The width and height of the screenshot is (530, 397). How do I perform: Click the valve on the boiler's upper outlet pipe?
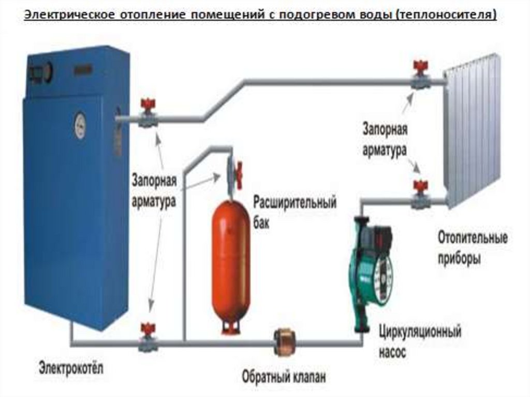click(x=148, y=114)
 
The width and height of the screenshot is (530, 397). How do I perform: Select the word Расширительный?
click(x=295, y=202)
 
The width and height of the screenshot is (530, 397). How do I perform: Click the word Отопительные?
click(x=473, y=240)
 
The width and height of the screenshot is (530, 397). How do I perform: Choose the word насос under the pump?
click(x=392, y=353)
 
